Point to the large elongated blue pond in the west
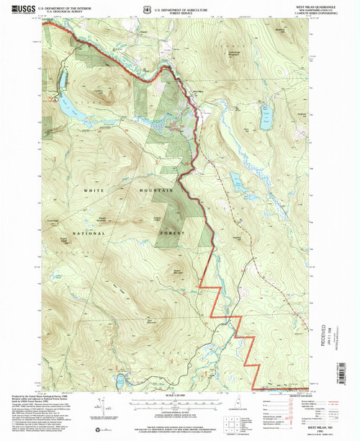(x=76, y=108)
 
